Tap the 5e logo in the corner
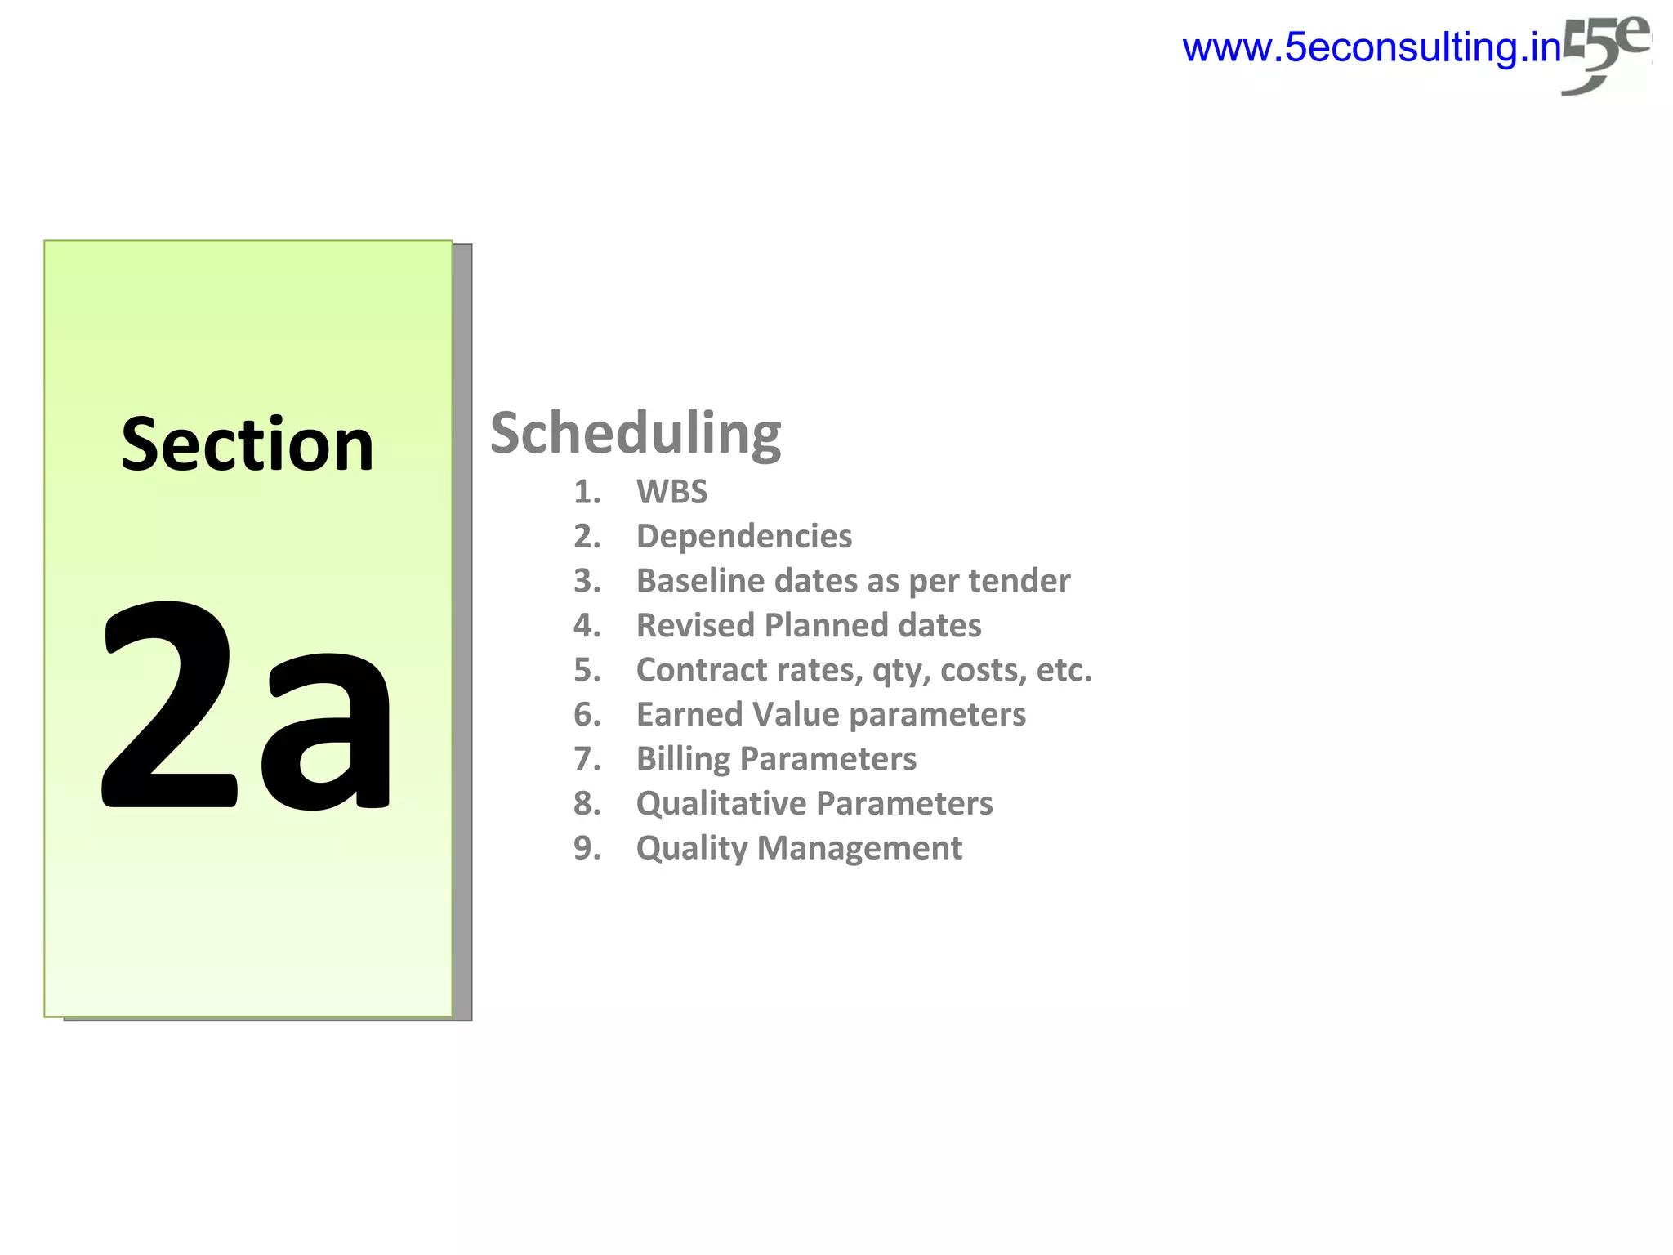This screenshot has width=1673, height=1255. [1604, 53]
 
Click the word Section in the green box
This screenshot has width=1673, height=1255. [248, 445]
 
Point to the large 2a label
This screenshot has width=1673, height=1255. [245, 707]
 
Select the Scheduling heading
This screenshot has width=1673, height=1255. [635, 434]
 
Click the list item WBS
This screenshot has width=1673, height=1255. [671, 492]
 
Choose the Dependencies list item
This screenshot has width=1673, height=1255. [743, 537]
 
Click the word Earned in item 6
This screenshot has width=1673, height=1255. [689, 715]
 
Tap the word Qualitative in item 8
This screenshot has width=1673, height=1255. [721, 804]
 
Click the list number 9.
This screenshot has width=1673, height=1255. [587, 848]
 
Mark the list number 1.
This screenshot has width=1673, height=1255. [587, 492]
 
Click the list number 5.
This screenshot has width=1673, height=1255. [587, 670]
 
